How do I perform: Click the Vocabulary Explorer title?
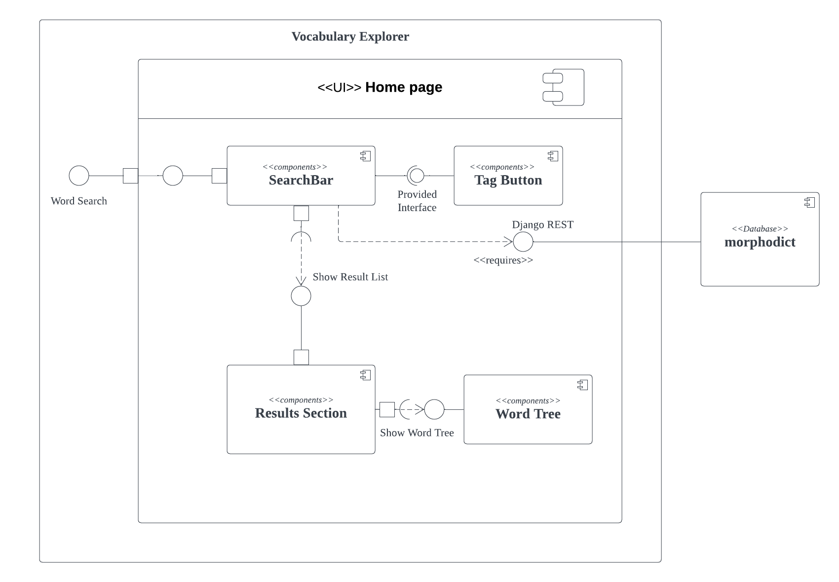[350, 36]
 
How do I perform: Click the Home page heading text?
[403, 87]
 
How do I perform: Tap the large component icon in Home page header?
[564, 87]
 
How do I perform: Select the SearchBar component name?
[301, 180]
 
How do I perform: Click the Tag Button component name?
[508, 180]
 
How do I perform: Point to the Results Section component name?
[301, 413]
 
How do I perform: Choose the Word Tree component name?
[528, 414]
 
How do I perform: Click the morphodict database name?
[760, 242]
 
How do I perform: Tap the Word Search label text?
[79, 201]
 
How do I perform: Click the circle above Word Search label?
[79, 176]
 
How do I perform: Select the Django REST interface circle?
[523, 242]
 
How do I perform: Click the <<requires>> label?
[503, 260]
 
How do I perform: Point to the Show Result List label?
[350, 277]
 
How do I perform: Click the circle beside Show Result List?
[301, 296]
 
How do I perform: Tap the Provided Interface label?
[417, 201]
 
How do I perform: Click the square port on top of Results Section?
[301, 357]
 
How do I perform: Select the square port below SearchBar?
[301, 213]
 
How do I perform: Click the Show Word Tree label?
[417, 433]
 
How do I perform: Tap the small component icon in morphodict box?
[809, 202]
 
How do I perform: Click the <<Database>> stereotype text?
[760, 229]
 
